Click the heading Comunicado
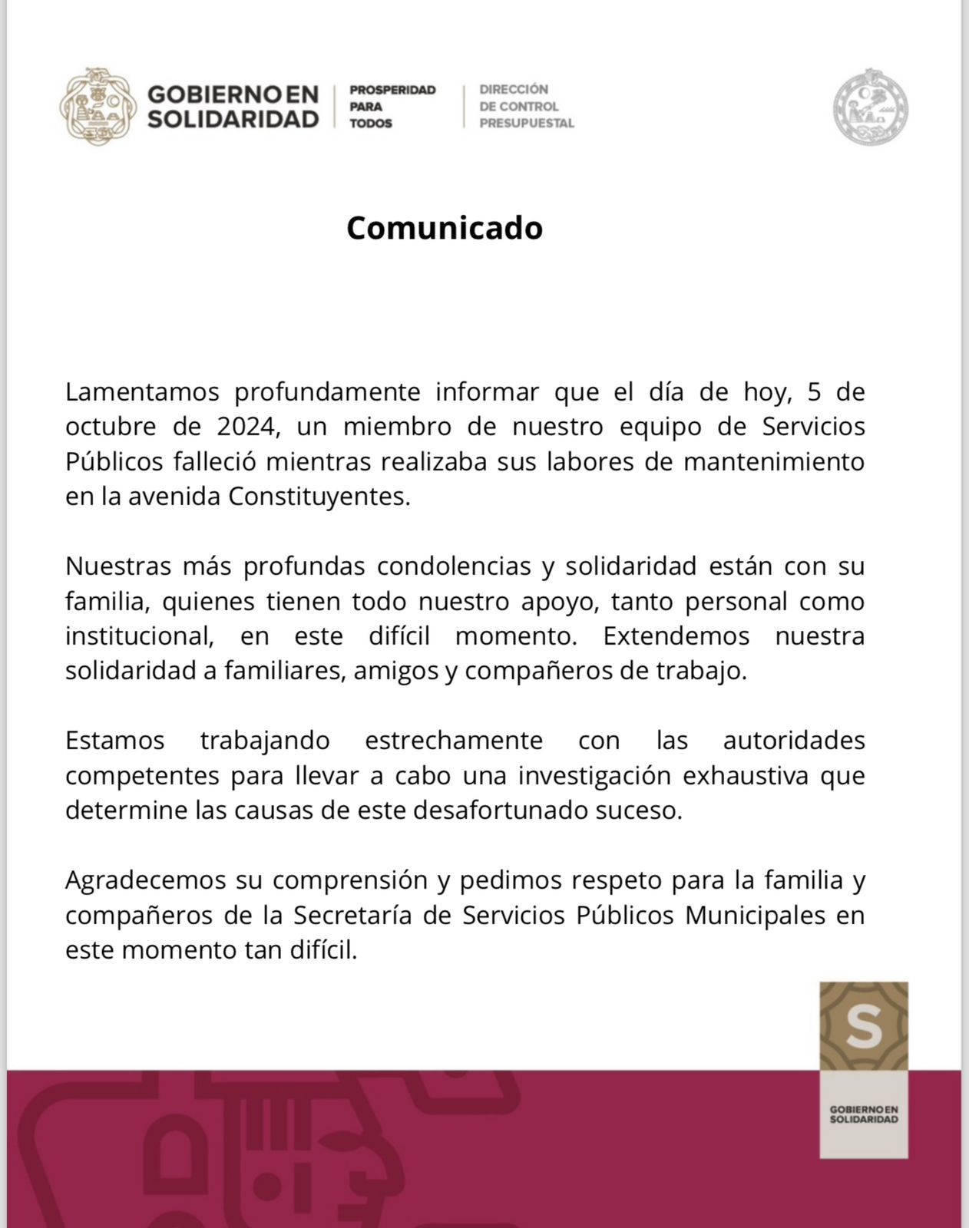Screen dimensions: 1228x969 pos(445,228)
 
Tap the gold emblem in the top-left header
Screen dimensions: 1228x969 pos(98,107)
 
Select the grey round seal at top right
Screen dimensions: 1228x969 pos(871,107)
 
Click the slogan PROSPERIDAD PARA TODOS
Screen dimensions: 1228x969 pos(392,107)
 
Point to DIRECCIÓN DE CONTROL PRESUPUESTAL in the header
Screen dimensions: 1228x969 pos(526,107)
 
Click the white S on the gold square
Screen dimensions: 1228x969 pos(864,1027)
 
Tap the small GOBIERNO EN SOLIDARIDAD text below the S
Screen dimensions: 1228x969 pos(864,1114)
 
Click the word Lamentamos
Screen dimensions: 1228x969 pos(142,392)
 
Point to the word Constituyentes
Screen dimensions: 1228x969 pos(319,497)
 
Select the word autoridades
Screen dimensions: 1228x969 pos(794,741)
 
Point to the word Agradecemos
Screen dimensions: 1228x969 pos(145,880)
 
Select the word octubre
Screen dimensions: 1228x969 pos(111,427)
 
